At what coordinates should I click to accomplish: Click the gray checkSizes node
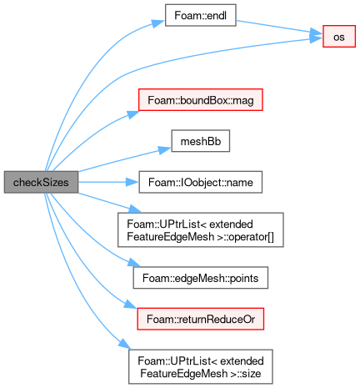point(41,182)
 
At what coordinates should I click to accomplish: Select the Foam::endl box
point(201,15)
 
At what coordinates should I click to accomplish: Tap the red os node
point(339,37)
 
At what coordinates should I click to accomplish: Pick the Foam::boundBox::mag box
point(201,100)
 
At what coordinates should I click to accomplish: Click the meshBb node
point(201,141)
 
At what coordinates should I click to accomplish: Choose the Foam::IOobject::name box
point(201,182)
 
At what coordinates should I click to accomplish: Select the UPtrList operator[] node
point(201,230)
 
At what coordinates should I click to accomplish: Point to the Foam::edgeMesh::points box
point(201,278)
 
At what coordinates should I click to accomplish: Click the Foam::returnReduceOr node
point(201,319)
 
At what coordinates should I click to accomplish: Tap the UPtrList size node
point(201,367)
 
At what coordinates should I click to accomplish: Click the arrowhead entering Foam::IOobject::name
point(132,182)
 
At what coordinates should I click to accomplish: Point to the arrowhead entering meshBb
point(165,149)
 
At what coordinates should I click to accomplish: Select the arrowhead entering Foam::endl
point(158,23)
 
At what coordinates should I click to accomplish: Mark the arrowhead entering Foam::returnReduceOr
point(130,304)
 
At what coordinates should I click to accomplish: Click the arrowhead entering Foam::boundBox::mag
point(133,114)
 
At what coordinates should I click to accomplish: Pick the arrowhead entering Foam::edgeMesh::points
point(134,262)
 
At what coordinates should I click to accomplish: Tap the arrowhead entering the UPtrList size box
point(124,344)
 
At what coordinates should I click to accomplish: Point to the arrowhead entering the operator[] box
point(135,209)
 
